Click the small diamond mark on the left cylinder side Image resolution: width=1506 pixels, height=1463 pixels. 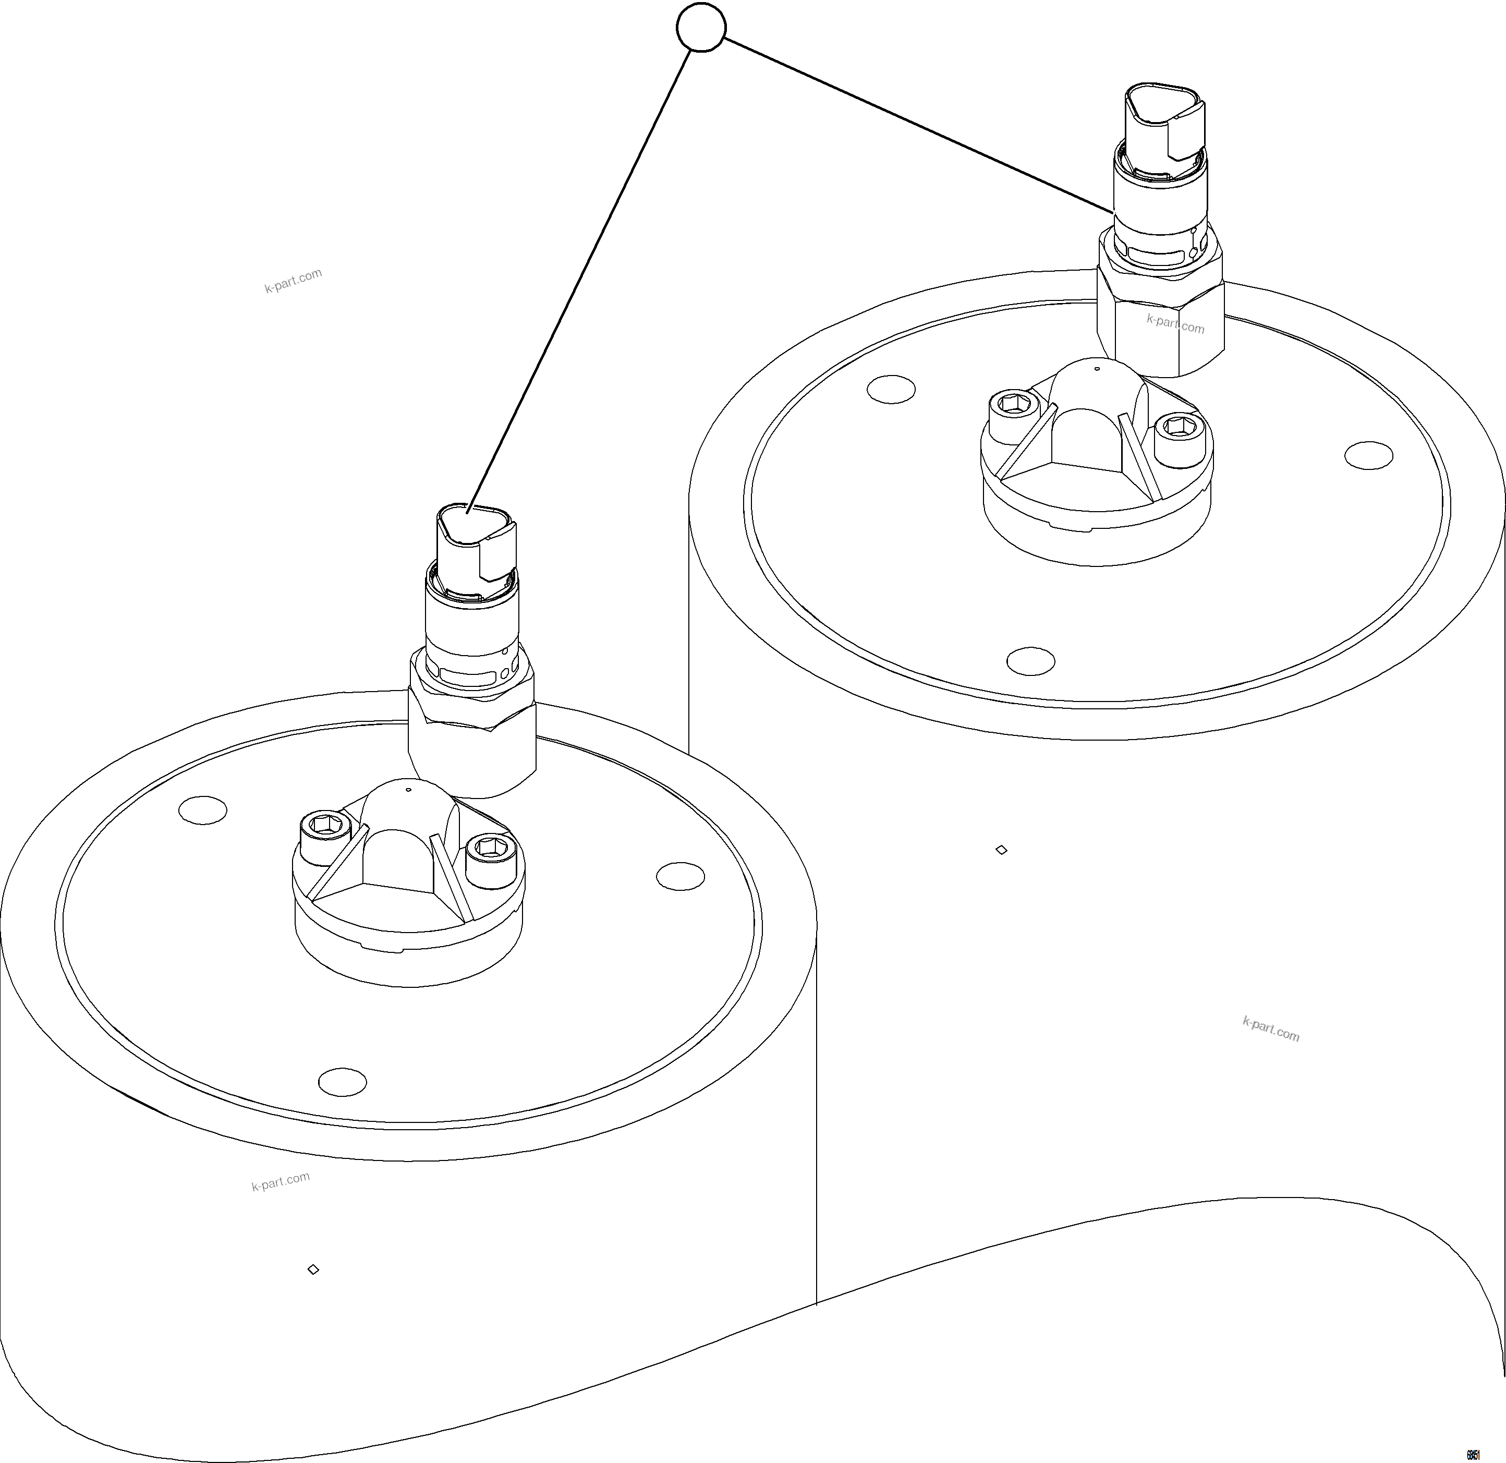(x=313, y=1269)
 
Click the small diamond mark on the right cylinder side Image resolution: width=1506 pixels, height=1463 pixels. (x=1001, y=850)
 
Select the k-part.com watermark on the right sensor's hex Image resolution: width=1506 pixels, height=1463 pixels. (x=1175, y=323)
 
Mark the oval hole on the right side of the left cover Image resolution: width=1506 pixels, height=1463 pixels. (x=681, y=876)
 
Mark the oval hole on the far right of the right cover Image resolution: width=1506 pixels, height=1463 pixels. (x=1368, y=455)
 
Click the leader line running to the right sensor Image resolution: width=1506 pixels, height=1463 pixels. (x=914, y=123)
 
